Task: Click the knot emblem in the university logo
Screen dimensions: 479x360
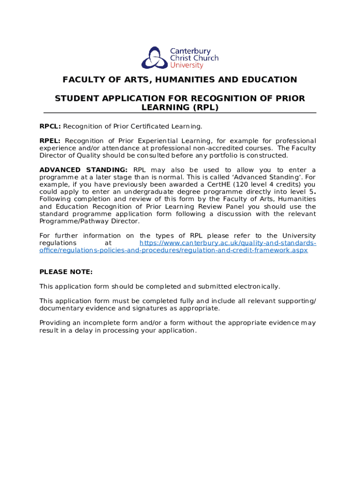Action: point(154,58)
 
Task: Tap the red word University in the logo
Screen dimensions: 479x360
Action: point(183,66)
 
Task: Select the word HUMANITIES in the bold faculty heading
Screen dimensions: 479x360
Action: point(191,80)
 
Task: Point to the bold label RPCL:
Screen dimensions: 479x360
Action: point(50,126)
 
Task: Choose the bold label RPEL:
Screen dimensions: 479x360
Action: point(50,141)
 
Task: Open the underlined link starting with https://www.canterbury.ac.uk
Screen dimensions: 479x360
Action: point(228,243)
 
